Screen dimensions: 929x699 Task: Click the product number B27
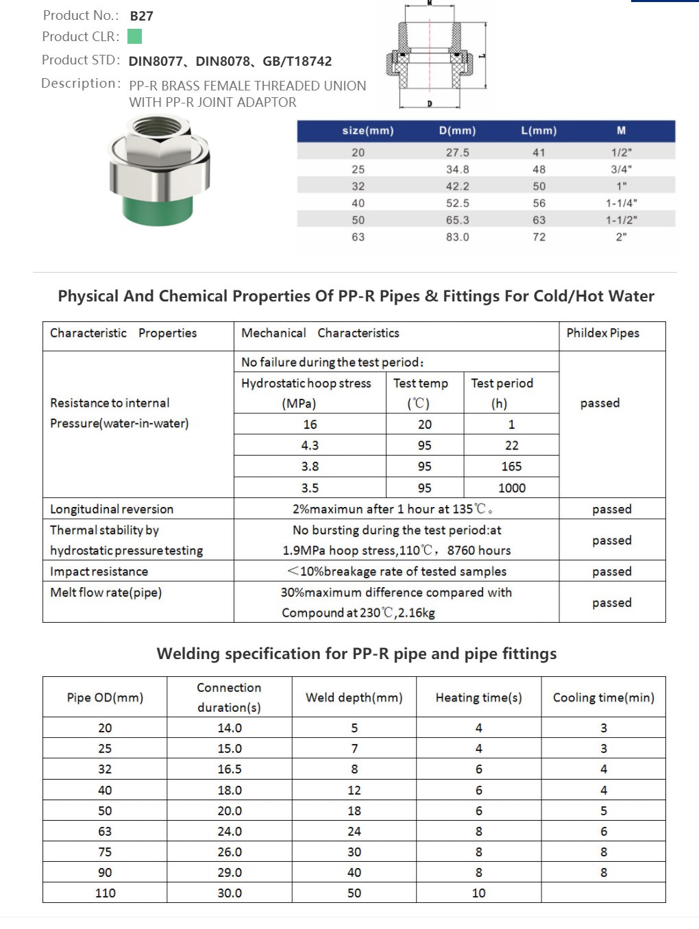(141, 16)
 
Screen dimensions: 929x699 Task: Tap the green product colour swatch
(134, 36)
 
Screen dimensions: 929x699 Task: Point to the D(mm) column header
(457, 131)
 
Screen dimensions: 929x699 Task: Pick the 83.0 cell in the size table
(457, 237)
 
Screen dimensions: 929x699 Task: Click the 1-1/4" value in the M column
(621, 203)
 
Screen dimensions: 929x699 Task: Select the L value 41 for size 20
(539, 153)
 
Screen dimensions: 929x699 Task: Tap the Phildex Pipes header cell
(602, 333)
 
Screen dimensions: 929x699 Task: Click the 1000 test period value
(511, 488)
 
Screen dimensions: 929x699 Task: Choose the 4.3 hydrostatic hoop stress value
(310, 445)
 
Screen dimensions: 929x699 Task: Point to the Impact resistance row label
(99, 571)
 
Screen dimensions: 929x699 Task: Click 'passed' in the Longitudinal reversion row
(611, 509)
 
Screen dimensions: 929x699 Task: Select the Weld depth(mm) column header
(354, 697)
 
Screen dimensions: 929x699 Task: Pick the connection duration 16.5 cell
(230, 769)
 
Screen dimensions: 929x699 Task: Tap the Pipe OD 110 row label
(105, 893)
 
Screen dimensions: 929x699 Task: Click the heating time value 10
(478, 893)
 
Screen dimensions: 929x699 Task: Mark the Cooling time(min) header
(603, 697)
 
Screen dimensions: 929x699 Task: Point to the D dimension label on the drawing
(430, 104)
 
